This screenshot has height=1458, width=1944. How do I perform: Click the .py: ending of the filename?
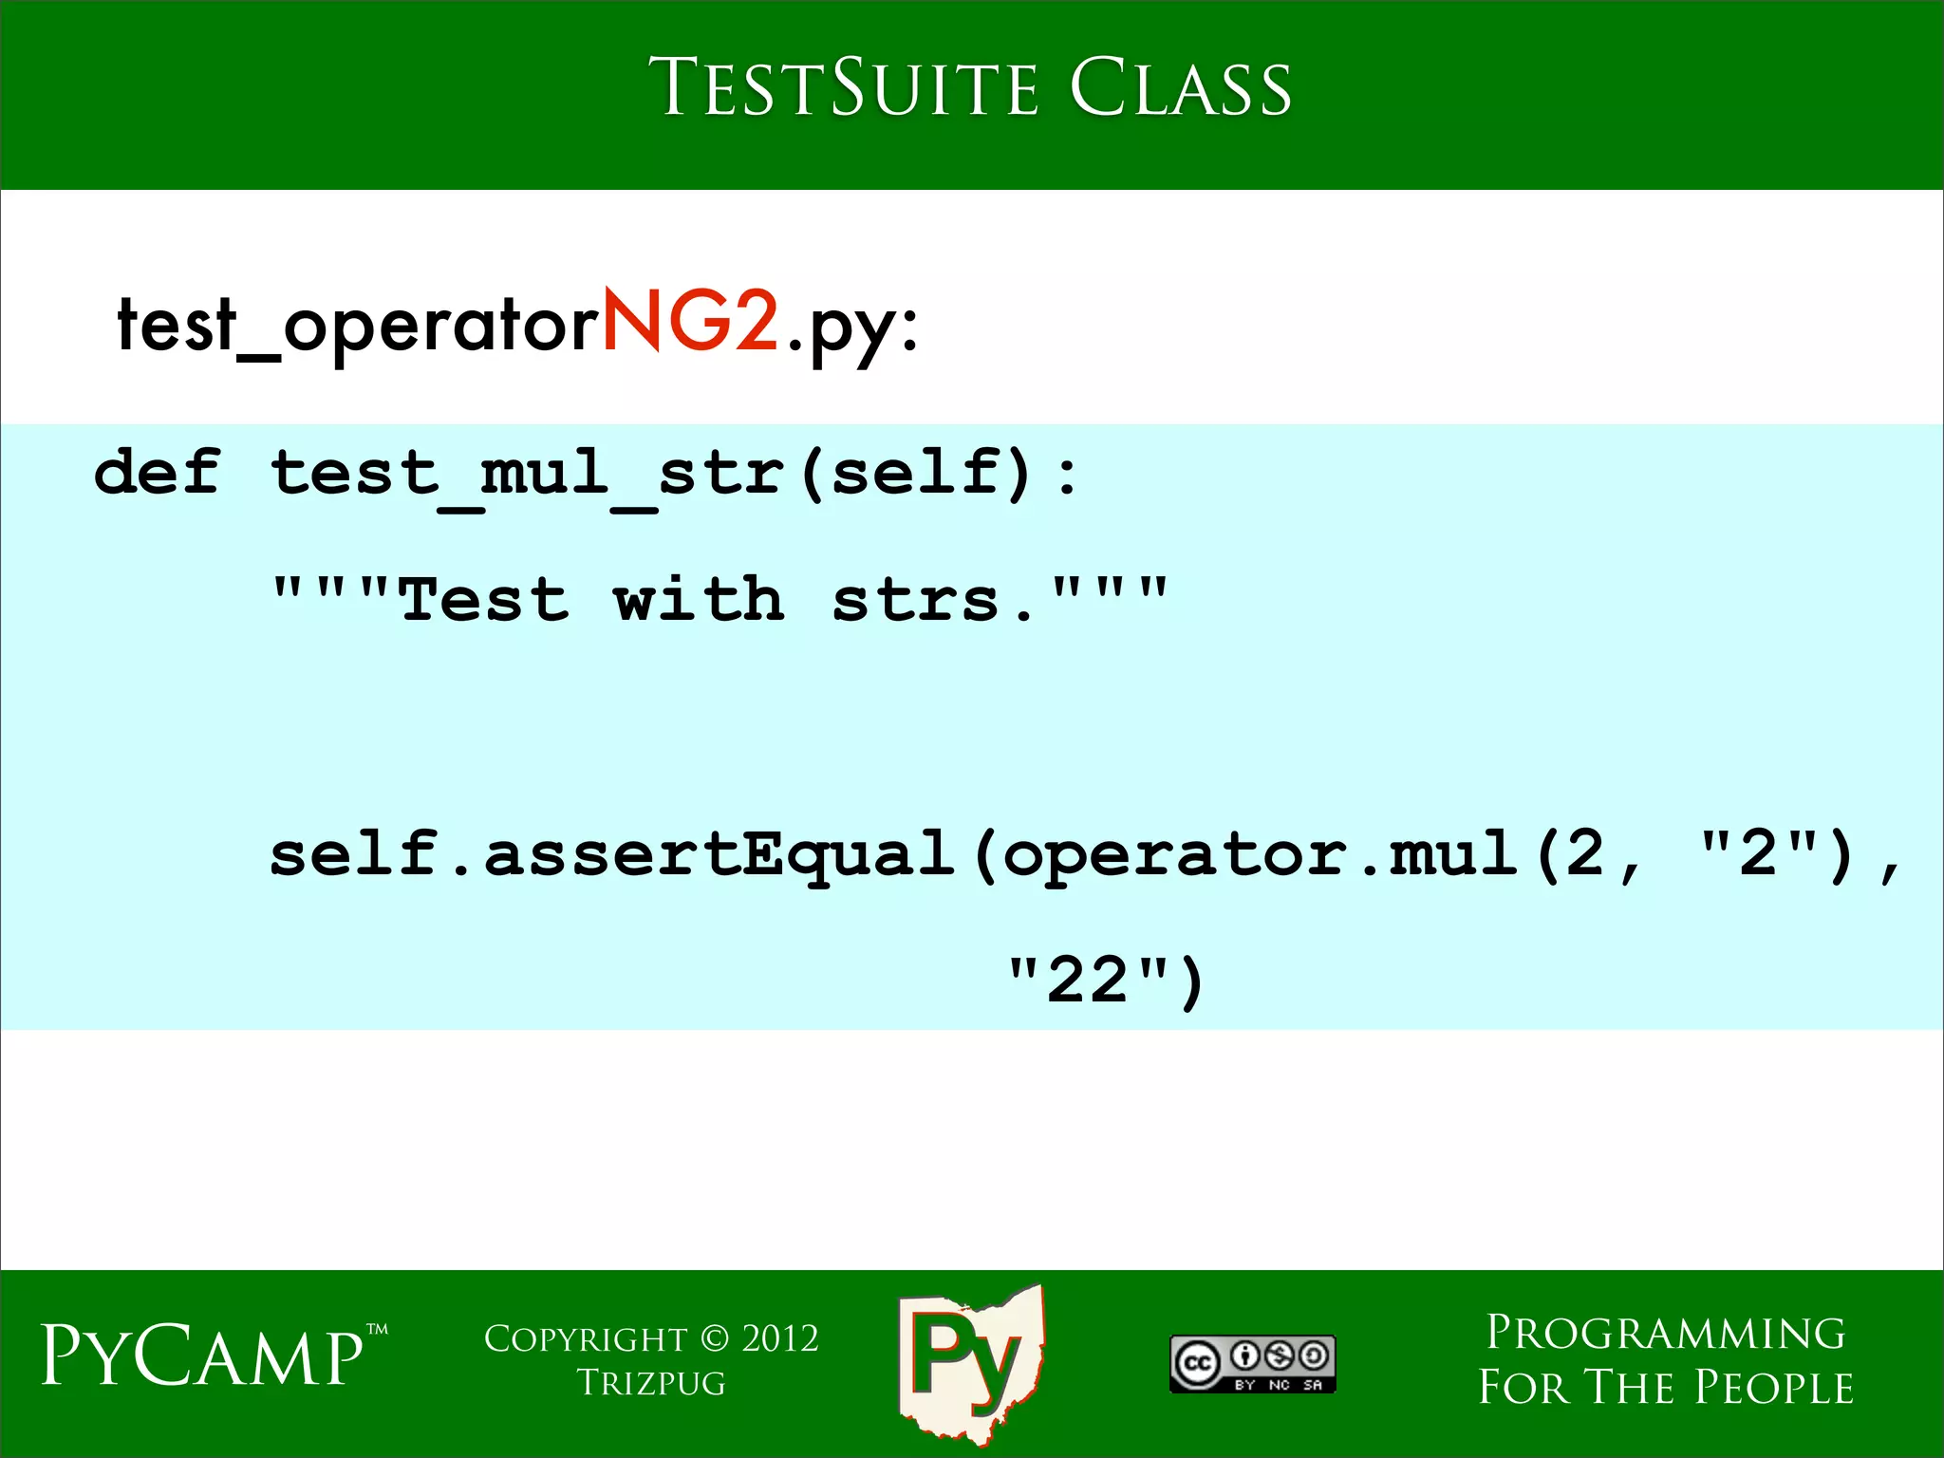coord(851,327)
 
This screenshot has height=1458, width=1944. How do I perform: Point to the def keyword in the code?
coord(158,472)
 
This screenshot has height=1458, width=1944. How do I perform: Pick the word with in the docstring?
coord(699,600)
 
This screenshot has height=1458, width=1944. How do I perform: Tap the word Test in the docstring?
coord(484,600)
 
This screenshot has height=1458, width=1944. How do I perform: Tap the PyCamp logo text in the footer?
coord(203,1355)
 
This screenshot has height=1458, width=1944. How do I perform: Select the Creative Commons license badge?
coord(1252,1364)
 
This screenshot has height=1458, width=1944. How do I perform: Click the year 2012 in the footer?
coord(780,1338)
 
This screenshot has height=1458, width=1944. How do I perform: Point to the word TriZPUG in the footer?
coord(651,1383)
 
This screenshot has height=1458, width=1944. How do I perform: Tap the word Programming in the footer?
coord(1666,1333)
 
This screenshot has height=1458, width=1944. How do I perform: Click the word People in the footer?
coord(1774,1387)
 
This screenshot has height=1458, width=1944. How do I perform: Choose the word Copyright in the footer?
coord(586,1338)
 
